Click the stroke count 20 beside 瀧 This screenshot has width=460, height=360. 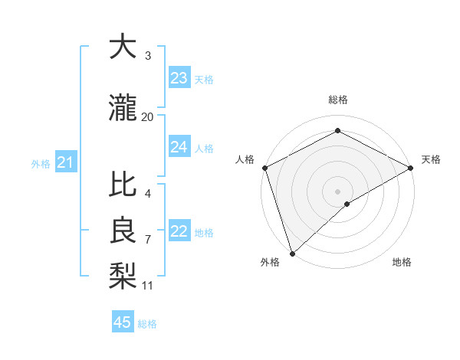click(x=148, y=116)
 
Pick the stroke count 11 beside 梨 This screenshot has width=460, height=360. click(x=148, y=286)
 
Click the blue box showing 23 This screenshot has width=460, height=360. click(x=179, y=78)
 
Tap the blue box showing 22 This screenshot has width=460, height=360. click(x=179, y=232)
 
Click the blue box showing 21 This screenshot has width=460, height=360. click(x=65, y=162)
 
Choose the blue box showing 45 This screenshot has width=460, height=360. click(x=123, y=322)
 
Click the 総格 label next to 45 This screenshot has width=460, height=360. click(x=147, y=324)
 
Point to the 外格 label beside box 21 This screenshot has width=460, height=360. click(x=41, y=164)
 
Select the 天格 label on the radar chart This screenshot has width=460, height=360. click(x=431, y=159)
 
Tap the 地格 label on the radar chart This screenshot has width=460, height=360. click(x=402, y=262)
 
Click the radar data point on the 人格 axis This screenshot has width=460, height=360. click(x=264, y=168)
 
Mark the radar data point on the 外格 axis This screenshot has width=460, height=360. click(x=291, y=253)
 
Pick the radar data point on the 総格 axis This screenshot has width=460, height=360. click(x=337, y=131)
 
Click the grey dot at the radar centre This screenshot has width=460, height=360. click(x=337, y=191)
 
